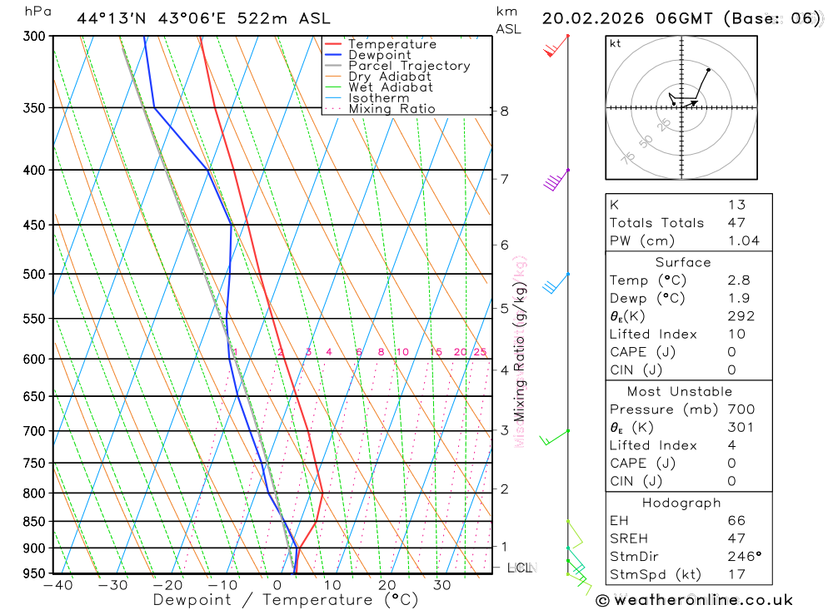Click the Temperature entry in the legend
[x=392, y=44]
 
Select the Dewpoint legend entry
[x=380, y=55]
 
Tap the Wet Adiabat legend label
[x=391, y=87]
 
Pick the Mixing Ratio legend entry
[x=392, y=109]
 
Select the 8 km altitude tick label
[x=504, y=111]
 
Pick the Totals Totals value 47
[x=736, y=222]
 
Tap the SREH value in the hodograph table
[x=736, y=538]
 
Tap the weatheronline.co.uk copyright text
[x=696, y=599]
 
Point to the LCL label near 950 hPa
[x=520, y=568]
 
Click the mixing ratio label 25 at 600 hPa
[x=480, y=352]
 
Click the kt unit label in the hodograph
[x=616, y=43]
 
